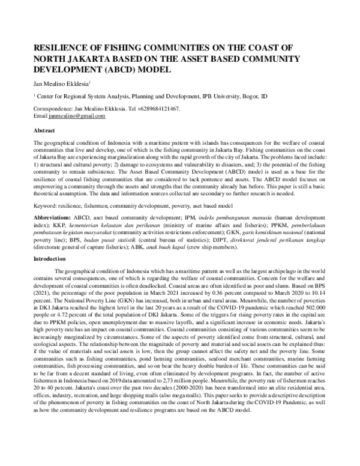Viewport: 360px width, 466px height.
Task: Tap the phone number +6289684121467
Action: pyautogui.click(x=157, y=109)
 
